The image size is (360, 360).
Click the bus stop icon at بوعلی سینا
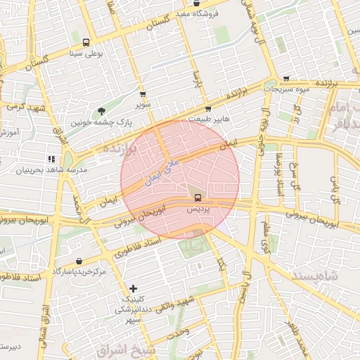86,41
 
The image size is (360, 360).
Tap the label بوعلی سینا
86,53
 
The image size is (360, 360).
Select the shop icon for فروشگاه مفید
196,4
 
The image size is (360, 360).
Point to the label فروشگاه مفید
197,14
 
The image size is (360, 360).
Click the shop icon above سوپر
143,94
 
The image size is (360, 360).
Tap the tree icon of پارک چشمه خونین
101,110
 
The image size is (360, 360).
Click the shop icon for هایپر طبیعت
208,108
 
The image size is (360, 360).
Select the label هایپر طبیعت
208,120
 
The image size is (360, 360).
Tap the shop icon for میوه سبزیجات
286,79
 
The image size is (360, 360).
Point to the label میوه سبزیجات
286,90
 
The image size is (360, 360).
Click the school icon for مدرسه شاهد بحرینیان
51,159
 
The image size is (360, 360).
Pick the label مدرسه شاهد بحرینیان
51,170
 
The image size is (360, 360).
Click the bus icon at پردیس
198,198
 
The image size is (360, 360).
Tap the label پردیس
198,210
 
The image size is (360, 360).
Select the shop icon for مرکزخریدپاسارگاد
78,261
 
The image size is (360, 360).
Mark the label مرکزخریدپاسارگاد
78,271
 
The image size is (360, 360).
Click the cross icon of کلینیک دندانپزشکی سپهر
134,288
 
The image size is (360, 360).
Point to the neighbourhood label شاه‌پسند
333,277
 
